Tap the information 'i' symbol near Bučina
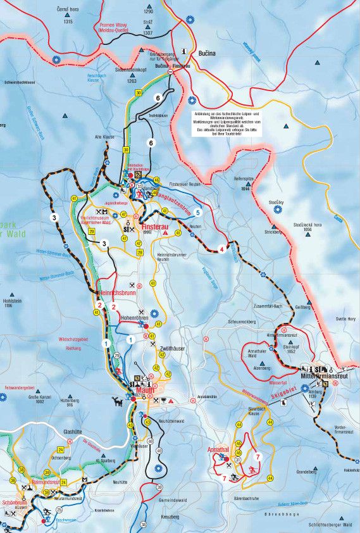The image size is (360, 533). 183,51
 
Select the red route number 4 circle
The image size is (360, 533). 221,248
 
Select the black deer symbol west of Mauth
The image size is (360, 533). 116,401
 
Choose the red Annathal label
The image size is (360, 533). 218,449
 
